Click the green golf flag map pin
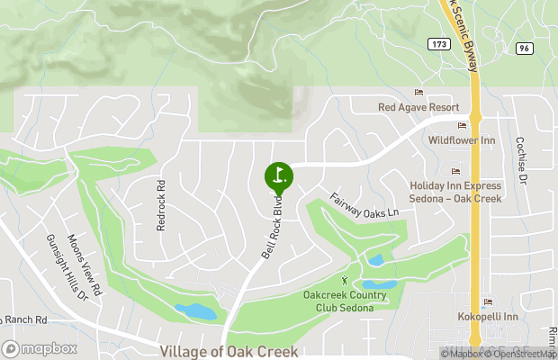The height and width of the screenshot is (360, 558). [279, 175]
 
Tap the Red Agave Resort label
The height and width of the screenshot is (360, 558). [418, 107]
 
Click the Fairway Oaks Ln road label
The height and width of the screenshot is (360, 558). [364, 208]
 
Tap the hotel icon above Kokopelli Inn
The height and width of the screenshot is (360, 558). [487, 303]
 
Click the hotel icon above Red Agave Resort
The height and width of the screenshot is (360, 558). [418, 93]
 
